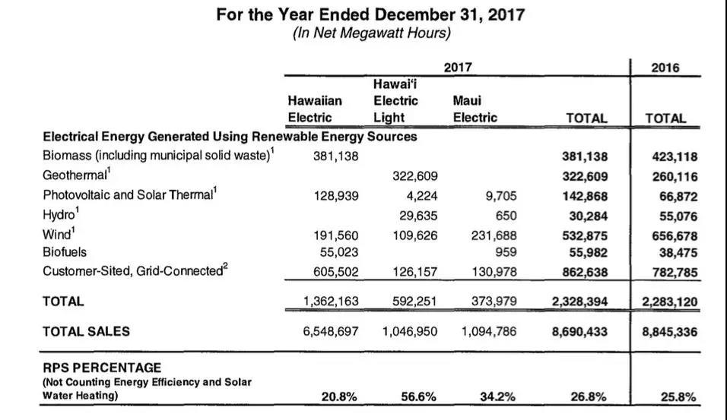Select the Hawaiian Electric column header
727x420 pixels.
pyautogui.click(x=315, y=109)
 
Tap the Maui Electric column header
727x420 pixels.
pyautogui.click(x=475, y=109)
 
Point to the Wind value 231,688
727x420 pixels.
pyautogui.click(x=494, y=235)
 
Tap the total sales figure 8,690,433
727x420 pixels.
pyautogui.click(x=579, y=331)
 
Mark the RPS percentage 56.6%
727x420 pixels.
pyautogui.click(x=418, y=396)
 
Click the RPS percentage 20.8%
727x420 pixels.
pyautogui.click(x=339, y=396)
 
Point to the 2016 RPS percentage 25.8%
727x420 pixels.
pyautogui.click(x=678, y=396)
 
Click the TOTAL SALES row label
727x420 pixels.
pyautogui.click(x=86, y=331)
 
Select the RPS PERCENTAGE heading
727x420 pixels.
pyautogui.click(x=102, y=368)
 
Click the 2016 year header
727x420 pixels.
pyautogui.click(x=665, y=68)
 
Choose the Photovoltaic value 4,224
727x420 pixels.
pyautogui.click(x=421, y=195)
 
